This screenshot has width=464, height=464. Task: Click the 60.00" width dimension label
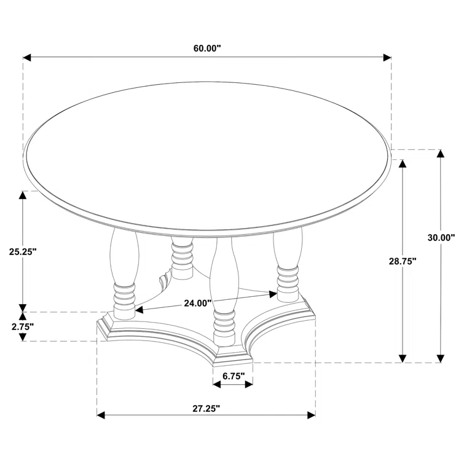206,49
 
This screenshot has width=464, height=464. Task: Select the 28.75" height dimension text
403,261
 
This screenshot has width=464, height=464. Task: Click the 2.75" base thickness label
22,326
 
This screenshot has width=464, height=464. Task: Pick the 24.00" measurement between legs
198,302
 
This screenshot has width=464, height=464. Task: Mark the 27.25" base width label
206,407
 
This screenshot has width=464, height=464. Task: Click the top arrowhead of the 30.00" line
441,154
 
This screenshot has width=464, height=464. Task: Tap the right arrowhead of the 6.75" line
250,384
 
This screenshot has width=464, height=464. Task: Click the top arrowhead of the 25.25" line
23,195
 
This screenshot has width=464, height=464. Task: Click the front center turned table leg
222,289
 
